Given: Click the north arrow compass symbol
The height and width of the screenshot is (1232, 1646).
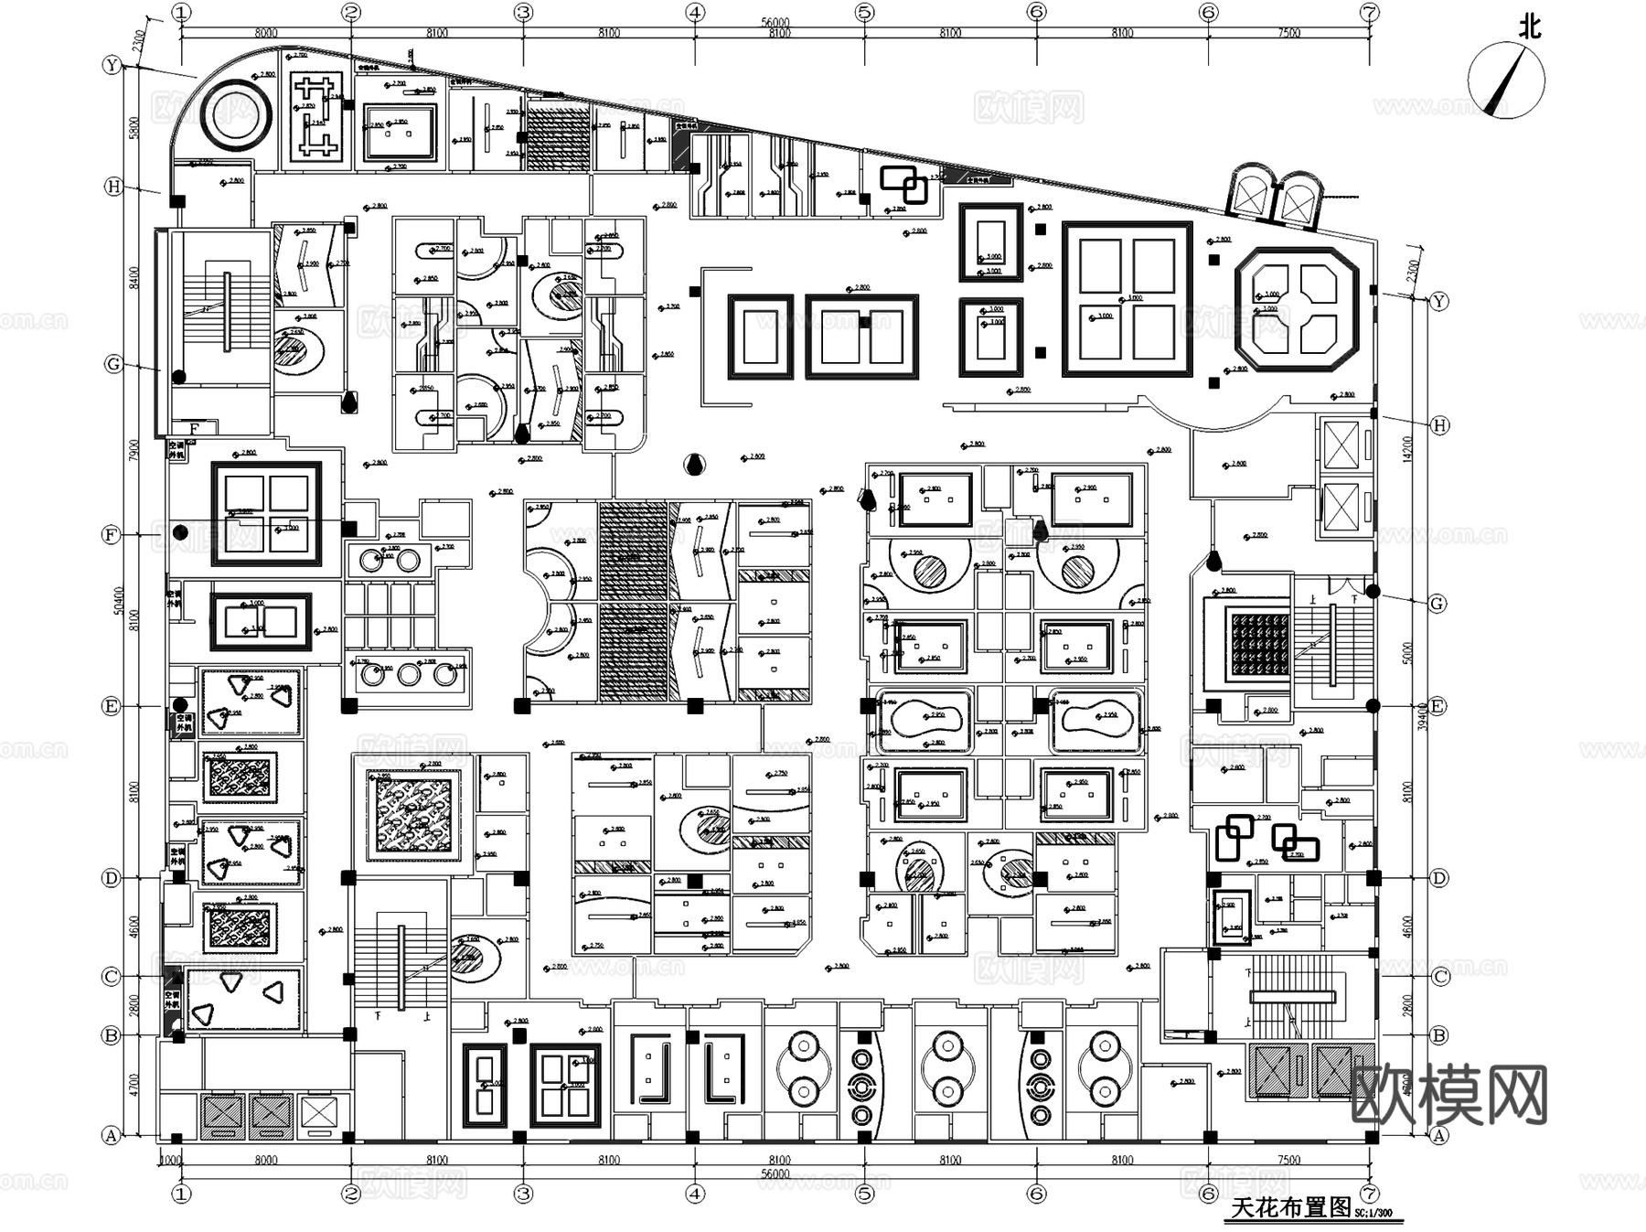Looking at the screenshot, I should pyautogui.click(x=1505, y=80).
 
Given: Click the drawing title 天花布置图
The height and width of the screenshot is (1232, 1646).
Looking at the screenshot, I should pyautogui.click(x=1290, y=1207).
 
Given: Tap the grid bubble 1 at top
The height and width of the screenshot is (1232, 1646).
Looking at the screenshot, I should pyautogui.click(x=182, y=13).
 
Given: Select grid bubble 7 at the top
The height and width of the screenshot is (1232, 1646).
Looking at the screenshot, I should pyautogui.click(x=1369, y=13).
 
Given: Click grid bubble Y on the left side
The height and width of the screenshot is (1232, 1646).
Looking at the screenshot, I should pyautogui.click(x=112, y=65).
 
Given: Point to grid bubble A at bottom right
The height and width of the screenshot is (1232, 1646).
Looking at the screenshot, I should pyautogui.click(x=1438, y=1135).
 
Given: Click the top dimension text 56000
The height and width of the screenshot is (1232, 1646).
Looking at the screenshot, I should pyautogui.click(x=775, y=23).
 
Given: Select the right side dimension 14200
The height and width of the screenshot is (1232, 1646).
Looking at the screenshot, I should pyautogui.click(x=1408, y=448).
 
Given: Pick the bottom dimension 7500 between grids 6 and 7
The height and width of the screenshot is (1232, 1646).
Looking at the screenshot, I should pyautogui.click(x=1288, y=1160).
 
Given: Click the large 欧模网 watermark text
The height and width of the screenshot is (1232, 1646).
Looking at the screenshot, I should pyautogui.click(x=1448, y=1095).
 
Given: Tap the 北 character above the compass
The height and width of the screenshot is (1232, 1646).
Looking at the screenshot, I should pyautogui.click(x=1529, y=27).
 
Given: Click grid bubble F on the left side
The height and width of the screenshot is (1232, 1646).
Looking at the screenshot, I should pyautogui.click(x=112, y=534).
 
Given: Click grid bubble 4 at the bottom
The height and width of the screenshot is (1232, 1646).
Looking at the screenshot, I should pyautogui.click(x=695, y=1193).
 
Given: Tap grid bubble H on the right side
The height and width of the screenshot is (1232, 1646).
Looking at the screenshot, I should pyautogui.click(x=1439, y=425).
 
